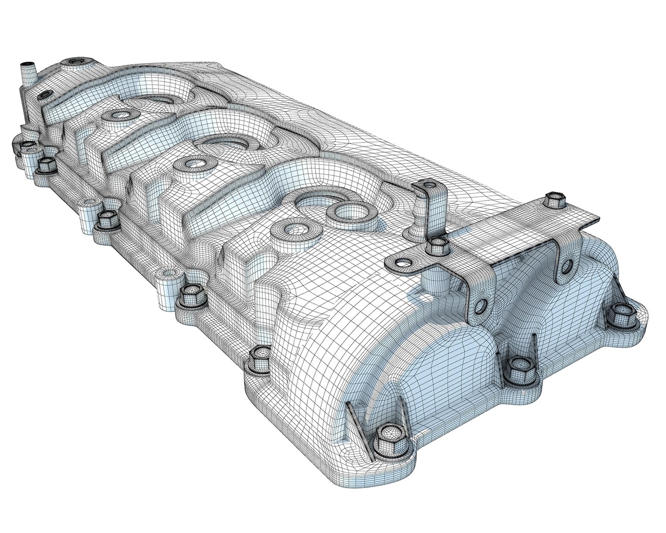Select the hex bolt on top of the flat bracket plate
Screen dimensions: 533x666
(x=555, y=200)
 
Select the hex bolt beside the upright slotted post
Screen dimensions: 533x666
(x=436, y=244)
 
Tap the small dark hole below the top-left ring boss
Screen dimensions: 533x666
(x=45, y=93)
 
